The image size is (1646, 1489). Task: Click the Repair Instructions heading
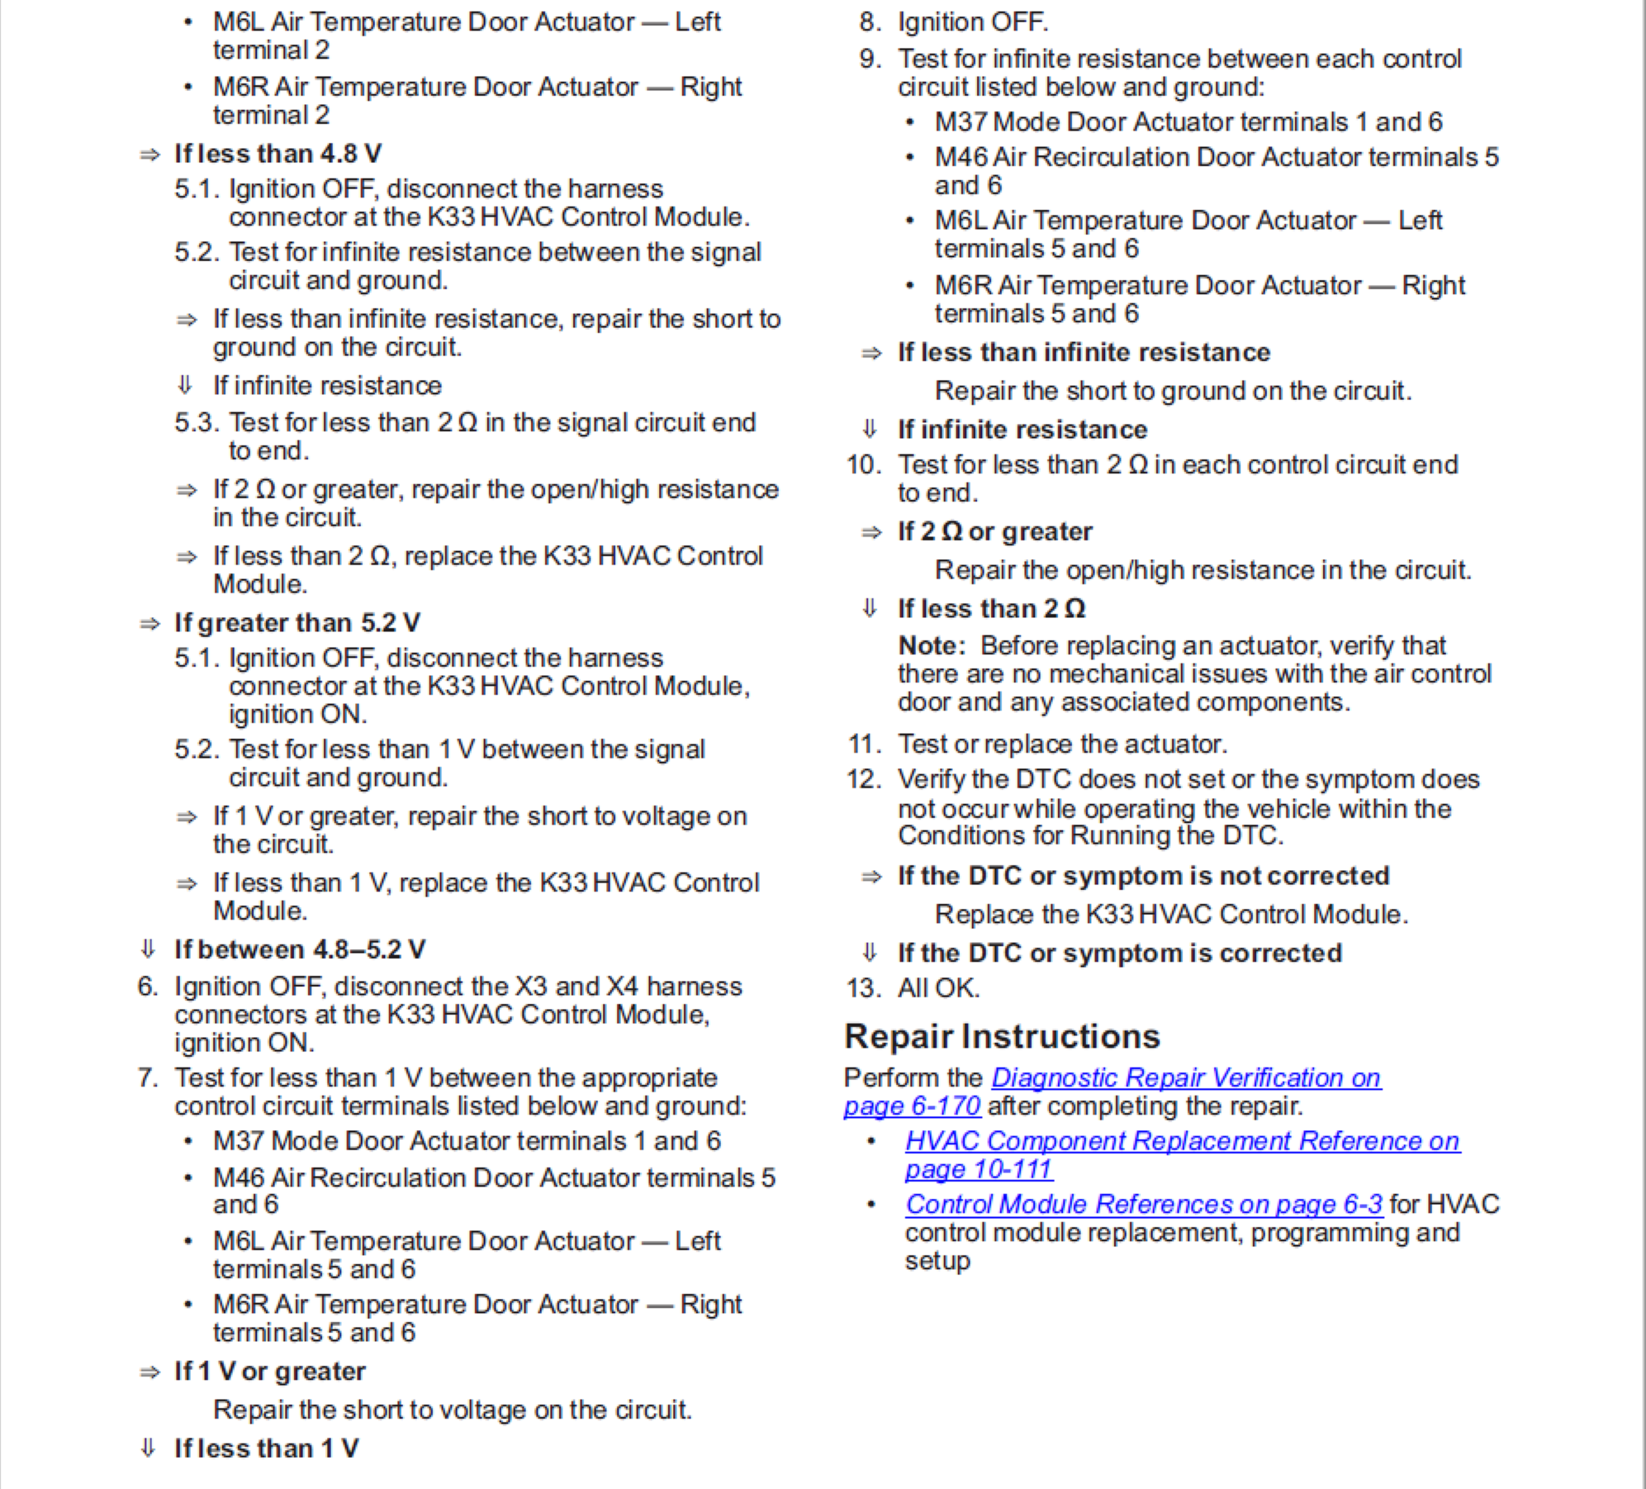click(1002, 1036)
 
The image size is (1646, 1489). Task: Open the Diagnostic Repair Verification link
click(1185, 1078)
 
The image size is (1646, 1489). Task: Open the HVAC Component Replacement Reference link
click(1182, 1141)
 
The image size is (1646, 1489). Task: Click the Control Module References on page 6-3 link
click(1143, 1204)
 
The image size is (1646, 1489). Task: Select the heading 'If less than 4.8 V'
click(277, 154)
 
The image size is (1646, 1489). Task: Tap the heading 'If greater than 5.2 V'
click(296, 622)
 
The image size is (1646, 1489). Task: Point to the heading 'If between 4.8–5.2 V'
click(299, 949)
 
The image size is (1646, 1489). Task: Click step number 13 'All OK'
click(938, 988)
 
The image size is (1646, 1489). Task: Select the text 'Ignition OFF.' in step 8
click(973, 21)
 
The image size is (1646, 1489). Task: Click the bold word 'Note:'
click(932, 645)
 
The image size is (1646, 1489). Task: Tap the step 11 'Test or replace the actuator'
click(1062, 744)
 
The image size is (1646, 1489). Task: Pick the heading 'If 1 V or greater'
click(269, 1372)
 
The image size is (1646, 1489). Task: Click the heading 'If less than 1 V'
click(266, 1449)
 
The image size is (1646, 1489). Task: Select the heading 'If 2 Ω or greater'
click(995, 531)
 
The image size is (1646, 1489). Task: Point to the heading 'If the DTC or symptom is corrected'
click(1119, 953)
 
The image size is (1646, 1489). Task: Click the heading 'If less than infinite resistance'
click(1084, 353)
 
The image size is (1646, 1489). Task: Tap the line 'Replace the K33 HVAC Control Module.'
click(1171, 914)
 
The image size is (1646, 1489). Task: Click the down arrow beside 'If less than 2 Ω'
click(869, 608)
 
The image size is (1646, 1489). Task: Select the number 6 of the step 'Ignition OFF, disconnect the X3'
click(147, 987)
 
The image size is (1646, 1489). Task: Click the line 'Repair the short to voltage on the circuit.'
click(452, 1410)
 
